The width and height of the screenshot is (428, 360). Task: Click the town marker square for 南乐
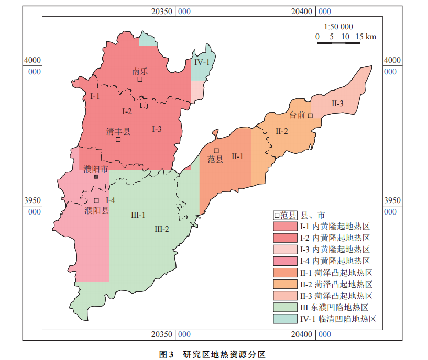[x=140, y=80]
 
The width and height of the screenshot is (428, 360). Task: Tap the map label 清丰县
[x=118, y=131]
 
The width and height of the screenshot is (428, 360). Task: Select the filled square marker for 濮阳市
[x=96, y=177]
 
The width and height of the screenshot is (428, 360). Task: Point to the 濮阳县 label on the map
[x=97, y=211]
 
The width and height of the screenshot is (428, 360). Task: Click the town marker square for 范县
[x=216, y=151]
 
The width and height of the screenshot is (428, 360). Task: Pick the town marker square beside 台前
[x=310, y=116]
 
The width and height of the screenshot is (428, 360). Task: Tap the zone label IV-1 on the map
[x=202, y=62]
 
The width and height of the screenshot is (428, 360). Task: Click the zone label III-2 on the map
[x=162, y=229]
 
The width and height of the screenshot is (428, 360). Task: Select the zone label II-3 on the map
[x=337, y=103]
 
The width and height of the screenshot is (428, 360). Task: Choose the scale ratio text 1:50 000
[x=338, y=27]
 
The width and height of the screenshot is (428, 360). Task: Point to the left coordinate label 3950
[x=32, y=200]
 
